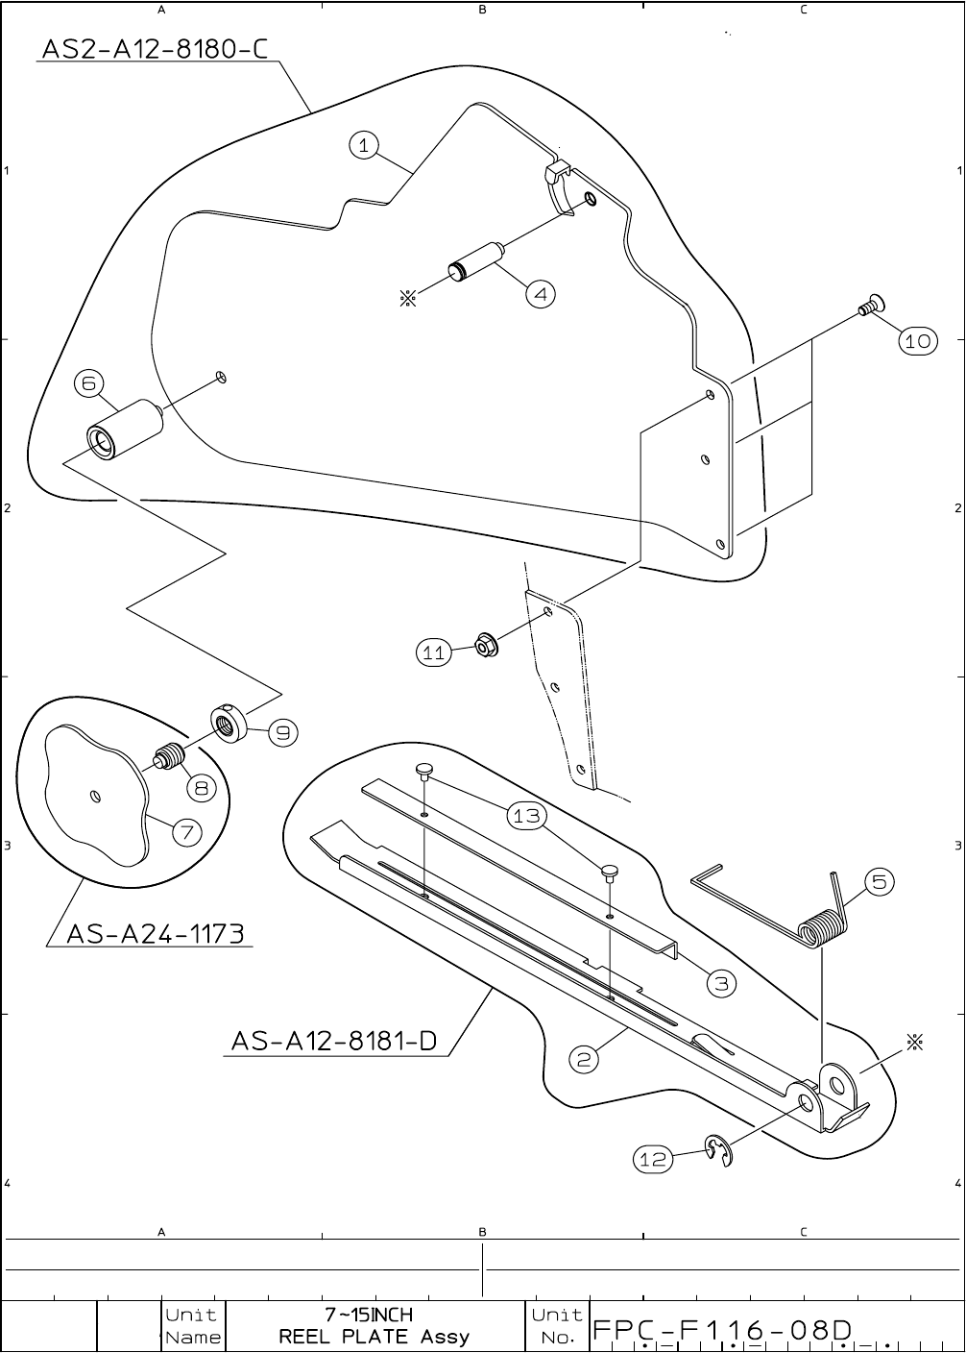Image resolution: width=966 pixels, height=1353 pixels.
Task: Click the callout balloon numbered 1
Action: tap(363, 145)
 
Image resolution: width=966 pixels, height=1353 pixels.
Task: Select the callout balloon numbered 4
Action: tap(542, 294)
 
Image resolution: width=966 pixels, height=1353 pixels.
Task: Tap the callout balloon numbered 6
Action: tap(88, 383)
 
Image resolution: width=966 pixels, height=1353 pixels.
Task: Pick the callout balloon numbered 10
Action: tap(918, 340)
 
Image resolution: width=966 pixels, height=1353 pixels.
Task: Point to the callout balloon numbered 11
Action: tap(434, 652)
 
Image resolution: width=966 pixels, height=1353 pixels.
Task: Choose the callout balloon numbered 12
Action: tap(653, 1160)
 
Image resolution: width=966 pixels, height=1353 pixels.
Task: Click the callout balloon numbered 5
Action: tap(879, 881)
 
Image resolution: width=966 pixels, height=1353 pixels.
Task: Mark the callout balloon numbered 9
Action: tap(281, 732)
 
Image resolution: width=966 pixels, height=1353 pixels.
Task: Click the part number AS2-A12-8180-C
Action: tap(154, 48)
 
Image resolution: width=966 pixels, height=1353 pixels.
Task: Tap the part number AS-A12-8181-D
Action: tap(334, 1041)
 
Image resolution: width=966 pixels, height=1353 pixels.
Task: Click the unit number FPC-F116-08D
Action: tap(722, 1330)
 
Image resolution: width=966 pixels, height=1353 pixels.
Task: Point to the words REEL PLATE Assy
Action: tap(374, 1337)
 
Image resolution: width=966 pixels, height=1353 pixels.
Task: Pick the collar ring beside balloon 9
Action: tap(229, 721)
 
